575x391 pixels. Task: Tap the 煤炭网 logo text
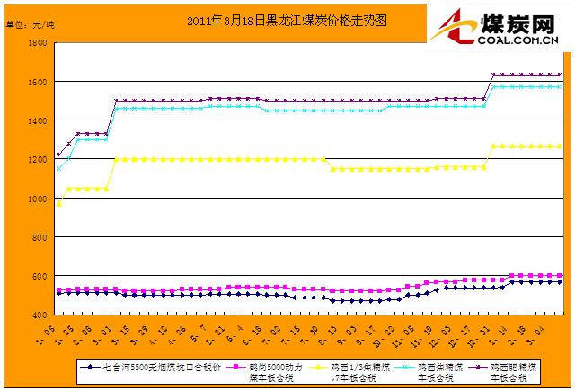pyautogui.click(x=518, y=21)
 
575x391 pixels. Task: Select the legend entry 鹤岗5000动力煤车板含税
pyautogui.click(x=265, y=371)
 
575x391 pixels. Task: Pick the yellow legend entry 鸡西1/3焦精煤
pyautogui.click(x=358, y=371)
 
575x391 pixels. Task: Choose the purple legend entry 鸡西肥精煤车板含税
pyautogui.click(x=521, y=371)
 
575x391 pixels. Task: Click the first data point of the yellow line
pyautogui.click(x=59, y=204)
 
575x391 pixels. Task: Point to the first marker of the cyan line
pyautogui.click(x=59, y=168)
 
